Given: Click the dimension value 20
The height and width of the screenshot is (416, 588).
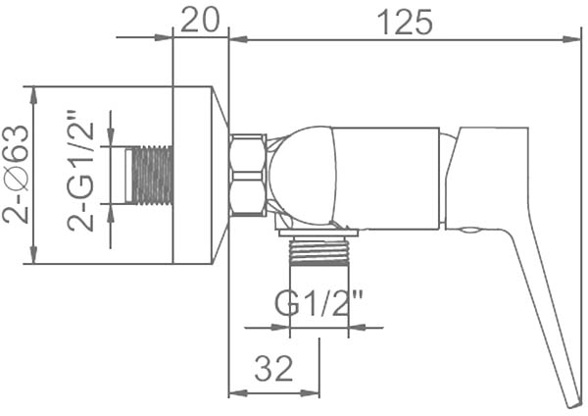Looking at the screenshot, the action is click(199, 20).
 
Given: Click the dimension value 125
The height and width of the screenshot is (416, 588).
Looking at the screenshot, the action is click(405, 22).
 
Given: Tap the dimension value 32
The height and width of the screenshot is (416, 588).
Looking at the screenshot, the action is click(273, 368).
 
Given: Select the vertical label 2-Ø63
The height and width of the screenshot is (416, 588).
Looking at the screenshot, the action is click(16, 175).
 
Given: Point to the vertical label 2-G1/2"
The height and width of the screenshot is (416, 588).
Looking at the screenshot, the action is click(80, 171).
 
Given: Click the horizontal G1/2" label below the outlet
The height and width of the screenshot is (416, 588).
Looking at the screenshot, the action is click(319, 302).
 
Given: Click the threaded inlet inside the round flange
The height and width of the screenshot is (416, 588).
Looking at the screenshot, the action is click(149, 176).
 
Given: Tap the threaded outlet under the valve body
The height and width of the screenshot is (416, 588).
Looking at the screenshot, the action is click(319, 252).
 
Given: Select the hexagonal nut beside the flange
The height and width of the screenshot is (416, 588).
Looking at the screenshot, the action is click(249, 175).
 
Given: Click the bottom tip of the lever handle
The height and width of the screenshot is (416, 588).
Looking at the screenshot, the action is click(573, 405).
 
